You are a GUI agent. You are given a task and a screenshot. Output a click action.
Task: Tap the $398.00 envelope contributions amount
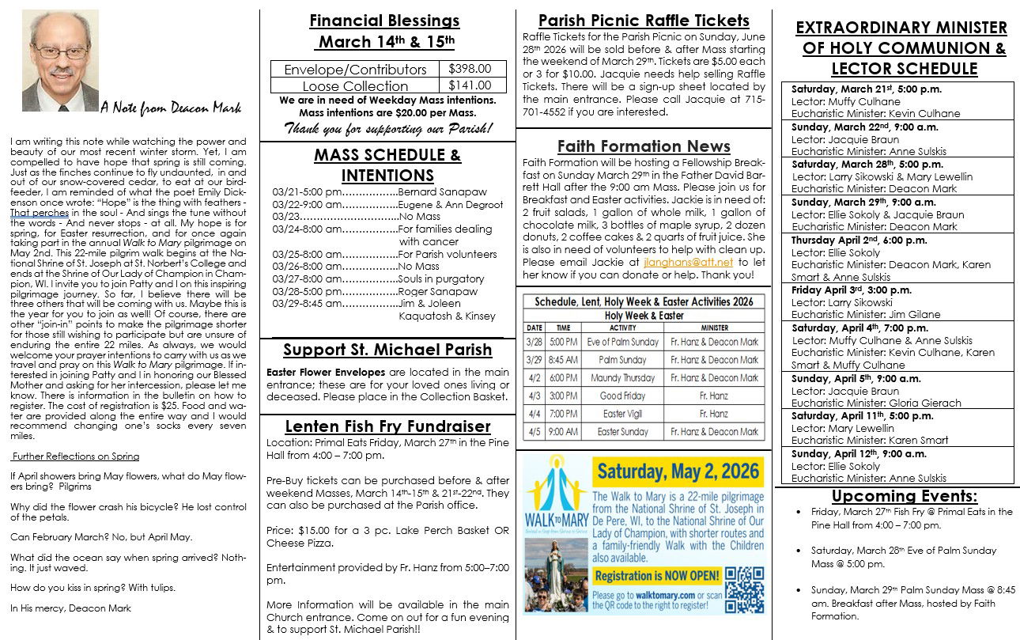pyautogui.click(x=470, y=69)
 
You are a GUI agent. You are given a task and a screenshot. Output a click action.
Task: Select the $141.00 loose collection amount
pyautogui.click(x=470, y=85)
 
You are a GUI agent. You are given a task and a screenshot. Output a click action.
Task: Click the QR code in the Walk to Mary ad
pyautogui.click(x=744, y=589)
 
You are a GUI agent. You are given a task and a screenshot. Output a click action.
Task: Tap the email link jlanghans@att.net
pyautogui.click(x=688, y=262)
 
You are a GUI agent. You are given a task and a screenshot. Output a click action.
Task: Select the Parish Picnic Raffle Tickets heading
pyautogui.click(x=643, y=21)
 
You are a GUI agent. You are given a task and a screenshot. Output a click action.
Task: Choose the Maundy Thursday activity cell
pyautogui.click(x=623, y=378)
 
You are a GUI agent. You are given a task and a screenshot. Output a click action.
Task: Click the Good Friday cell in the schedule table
pyautogui.click(x=623, y=396)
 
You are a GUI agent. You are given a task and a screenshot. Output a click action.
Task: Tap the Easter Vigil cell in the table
pyautogui.click(x=623, y=414)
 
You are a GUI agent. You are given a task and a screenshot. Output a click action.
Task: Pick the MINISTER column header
pyautogui.click(x=715, y=328)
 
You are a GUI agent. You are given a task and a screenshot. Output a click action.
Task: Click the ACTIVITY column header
pyautogui.click(x=623, y=328)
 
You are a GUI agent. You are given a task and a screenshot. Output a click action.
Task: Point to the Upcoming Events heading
pyautogui.click(x=904, y=496)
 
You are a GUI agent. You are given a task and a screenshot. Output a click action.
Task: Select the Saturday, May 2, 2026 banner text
pyautogui.click(x=679, y=472)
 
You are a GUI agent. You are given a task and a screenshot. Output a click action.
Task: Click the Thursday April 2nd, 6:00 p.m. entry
pyautogui.click(x=847, y=240)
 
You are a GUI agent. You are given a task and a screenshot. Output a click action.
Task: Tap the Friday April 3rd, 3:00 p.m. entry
pyautogui.click(x=841, y=290)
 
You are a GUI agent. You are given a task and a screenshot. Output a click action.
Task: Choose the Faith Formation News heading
pyautogui.click(x=644, y=146)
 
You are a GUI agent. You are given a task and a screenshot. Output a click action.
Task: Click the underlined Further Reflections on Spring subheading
pyautogui.click(x=75, y=456)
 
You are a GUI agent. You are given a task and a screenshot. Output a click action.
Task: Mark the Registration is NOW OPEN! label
pyautogui.click(x=657, y=576)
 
